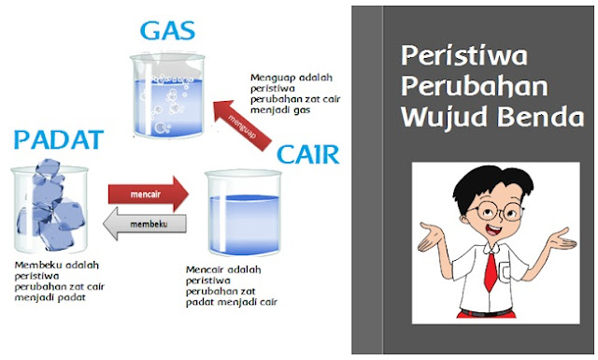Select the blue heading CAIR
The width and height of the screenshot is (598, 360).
point(308,153)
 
